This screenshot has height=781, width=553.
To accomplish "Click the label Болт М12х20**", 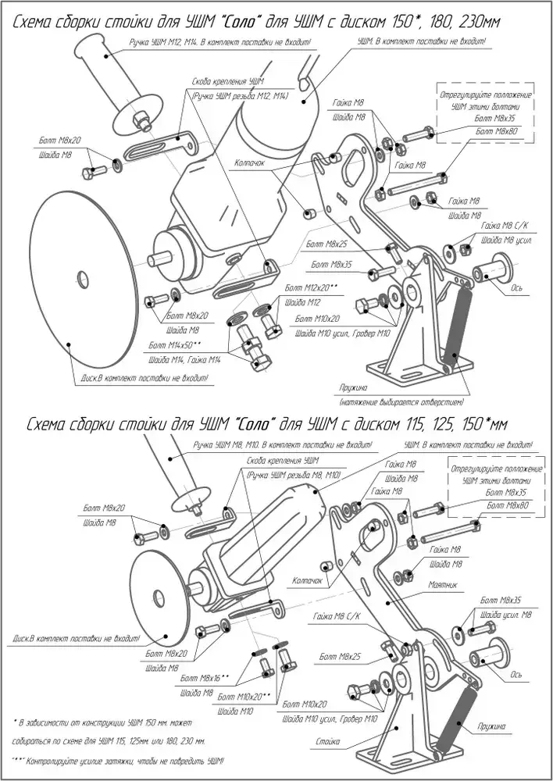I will tap(312, 288).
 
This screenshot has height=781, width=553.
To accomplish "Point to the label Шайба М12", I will tap(302, 302).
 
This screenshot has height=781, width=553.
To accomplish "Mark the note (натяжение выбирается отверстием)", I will tap(401, 403).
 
